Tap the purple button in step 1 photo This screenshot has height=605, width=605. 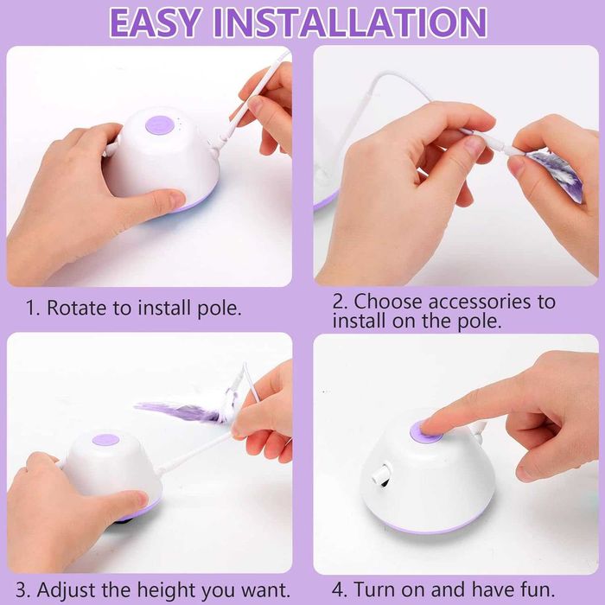158,125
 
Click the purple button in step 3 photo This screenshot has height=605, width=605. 105,440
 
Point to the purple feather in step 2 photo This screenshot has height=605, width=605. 556,174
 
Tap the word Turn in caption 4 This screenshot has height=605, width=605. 375,589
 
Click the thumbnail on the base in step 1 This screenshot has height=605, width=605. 175,199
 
